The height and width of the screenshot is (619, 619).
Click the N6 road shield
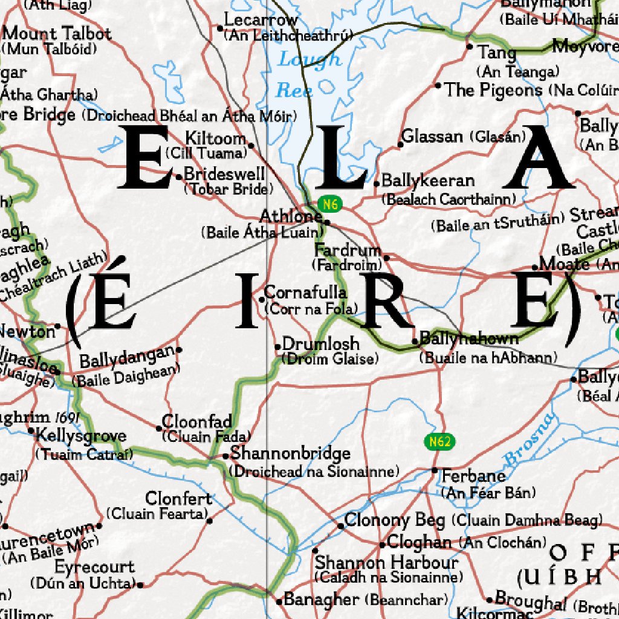click(x=329, y=204)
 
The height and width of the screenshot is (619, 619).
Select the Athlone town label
click(x=291, y=216)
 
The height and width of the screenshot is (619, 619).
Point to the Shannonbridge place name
click(x=290, y=453)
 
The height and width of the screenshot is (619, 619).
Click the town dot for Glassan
click(x=400, y=144)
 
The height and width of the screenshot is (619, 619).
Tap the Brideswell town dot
click(x=179, y=177)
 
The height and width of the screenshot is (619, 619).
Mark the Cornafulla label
click(x=305, y=293)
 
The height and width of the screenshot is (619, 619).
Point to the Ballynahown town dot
click(x=415, y=342)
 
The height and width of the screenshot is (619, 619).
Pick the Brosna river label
click(x=528, y=440)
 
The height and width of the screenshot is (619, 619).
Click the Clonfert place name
click(x=179, y=499)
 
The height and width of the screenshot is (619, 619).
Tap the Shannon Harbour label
click(x=387, y=563)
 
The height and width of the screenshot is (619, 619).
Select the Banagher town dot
click(x=279, y=601)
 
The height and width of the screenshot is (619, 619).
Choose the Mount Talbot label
click(x=57, y=33)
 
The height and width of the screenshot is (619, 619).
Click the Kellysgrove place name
click(x=81, y=436)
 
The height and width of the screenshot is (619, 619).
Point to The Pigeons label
click(x=494, y=90)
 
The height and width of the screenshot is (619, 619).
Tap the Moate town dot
click(x=535, y=267)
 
